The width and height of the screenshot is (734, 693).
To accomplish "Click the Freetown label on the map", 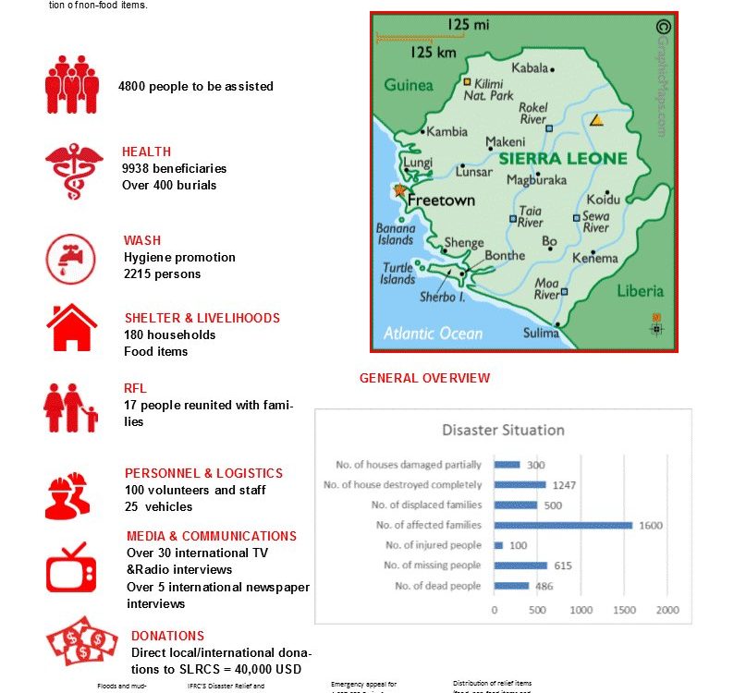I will [441, 200].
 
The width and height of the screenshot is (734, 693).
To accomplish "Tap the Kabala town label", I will [530, 67].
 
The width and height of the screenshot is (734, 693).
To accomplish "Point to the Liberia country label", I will [640, 290].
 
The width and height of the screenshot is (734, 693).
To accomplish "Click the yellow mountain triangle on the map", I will [597, 120].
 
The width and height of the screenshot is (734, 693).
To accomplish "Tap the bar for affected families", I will [563, 525].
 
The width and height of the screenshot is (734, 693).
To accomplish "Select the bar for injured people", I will [498, 545].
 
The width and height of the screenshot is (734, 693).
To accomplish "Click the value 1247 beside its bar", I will [562, 485].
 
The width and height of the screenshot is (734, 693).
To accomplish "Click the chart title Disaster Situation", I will [503, 430].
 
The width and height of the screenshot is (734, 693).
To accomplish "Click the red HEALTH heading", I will [146, 152].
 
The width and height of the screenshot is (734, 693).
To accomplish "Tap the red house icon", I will [72, 327].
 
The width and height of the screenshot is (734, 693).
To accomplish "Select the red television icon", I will [71, 567].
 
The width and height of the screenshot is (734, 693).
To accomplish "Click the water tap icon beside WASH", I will [71, 259].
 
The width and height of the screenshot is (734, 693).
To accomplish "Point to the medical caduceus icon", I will [73, 170].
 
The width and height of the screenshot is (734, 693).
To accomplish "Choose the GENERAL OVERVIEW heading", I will [424, 378].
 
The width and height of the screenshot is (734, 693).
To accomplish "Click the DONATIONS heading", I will [167, 636].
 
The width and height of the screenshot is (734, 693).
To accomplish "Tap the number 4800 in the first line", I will [131, 86].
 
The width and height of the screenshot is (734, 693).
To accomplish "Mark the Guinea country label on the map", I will [408, 85].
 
